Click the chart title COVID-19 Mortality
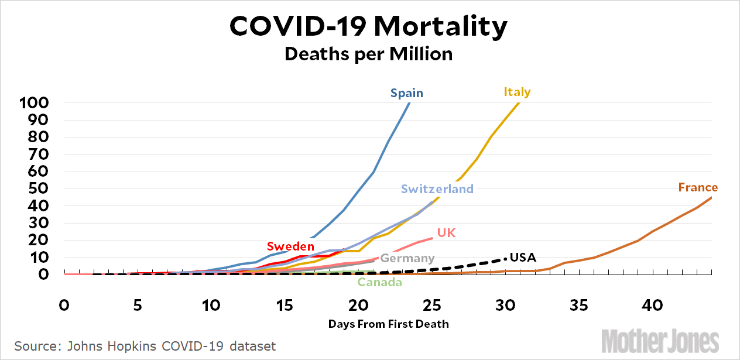click(368, 26)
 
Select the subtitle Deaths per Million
click(368, 54)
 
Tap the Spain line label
click(407, 92)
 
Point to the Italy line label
click(517, 92)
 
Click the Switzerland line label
click(437, 188)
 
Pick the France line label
click(698, 187)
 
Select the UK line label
click(446, 233)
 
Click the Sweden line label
click(290, 246)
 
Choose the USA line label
click(523, 257)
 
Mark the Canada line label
click(379, 283)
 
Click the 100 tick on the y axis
click(33, 104)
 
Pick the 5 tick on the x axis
click(138, 306)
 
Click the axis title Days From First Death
click(388, 324)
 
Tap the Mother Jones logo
click(660, 340)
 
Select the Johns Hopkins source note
click(145, 346)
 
